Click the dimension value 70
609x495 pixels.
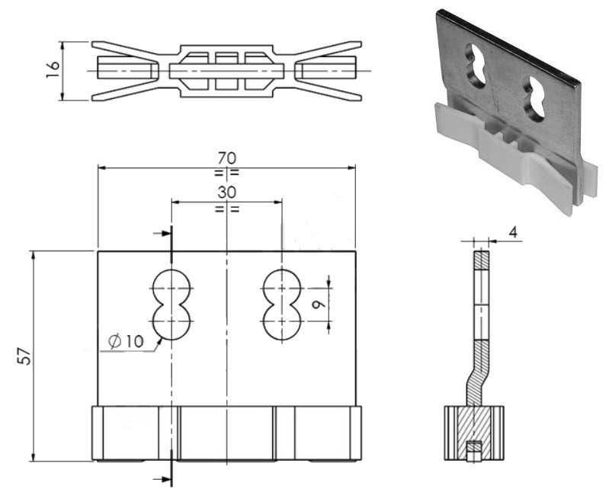pos(226,158)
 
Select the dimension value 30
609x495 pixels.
pos(226,192)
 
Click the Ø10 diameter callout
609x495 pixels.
pos(125,342)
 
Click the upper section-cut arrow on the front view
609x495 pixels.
pos(162,234)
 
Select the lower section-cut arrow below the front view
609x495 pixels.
pos(162,478)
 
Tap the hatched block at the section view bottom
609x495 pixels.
pos(474,432)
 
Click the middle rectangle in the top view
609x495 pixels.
pos(226,71)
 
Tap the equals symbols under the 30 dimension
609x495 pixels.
pos(226,208)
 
